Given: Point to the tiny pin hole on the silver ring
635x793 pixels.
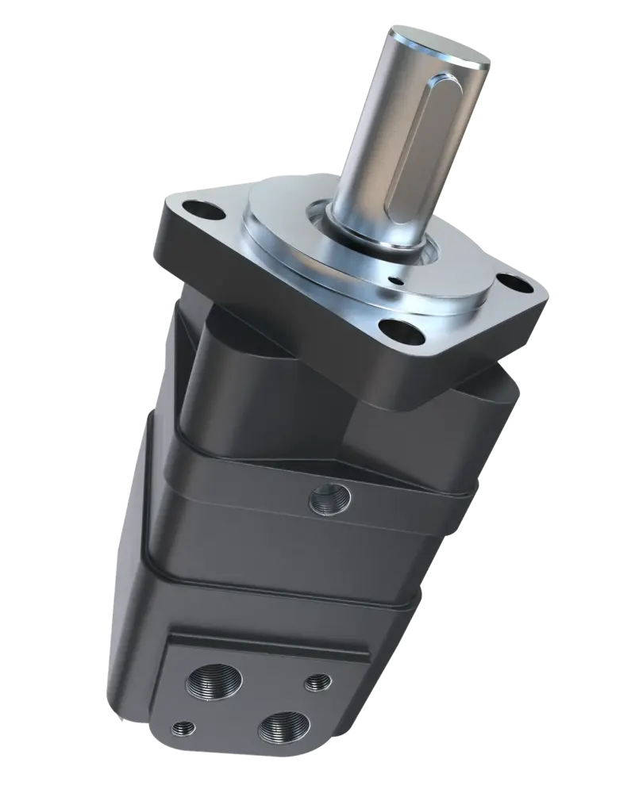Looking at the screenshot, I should click(x=394, y=278).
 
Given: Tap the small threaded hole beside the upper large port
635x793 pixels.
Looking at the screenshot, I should click(x=318, y=680).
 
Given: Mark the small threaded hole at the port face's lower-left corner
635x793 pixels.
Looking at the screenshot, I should click(x=183, y=726).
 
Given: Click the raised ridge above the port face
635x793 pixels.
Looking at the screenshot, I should click(x=270, y=642).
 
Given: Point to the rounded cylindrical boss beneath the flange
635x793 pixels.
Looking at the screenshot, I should click(x=230, y=373).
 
